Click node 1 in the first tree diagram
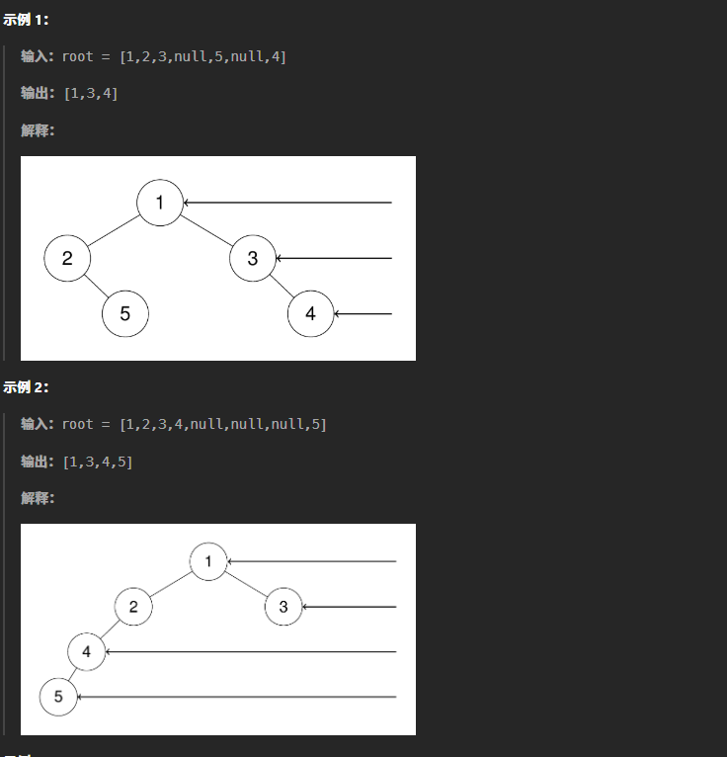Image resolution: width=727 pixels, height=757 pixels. click(x=160, y=203)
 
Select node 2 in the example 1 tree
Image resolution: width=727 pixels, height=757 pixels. click(x=67, y=259)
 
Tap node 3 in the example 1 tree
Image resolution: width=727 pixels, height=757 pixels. click(x=253, y=259)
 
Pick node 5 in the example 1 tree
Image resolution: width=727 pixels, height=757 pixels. click(x=124, y=314)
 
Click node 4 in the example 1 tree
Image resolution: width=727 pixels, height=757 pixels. click(x=310, y=314)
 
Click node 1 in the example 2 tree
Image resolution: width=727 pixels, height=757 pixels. click(x=208, y=561)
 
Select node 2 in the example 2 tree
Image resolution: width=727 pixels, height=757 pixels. click(x=133, y=607)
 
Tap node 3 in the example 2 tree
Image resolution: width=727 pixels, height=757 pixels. click(x=283, y=607)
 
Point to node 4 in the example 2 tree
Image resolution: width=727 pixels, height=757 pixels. click(x=87, y=652)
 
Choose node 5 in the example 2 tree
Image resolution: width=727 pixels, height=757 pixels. click(x=58, y=697)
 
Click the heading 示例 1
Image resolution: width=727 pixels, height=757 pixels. click(x=26, y=20)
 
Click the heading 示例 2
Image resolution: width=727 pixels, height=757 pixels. click(x=26, y=387)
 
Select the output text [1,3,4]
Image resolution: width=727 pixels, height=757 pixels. click(x=91, y=94)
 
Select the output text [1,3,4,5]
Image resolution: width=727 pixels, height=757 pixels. click(x=98, y=462)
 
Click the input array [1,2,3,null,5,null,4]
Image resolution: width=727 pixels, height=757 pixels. click(x=202, y=56)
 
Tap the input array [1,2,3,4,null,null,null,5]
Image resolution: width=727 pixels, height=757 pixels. click(x=222, y=424)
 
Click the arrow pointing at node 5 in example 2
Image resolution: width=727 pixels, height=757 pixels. click(x=237, y=697)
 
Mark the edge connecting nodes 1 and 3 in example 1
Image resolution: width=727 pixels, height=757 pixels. click(x=206, y=230)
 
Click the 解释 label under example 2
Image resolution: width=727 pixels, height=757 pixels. click(x=38, y=498)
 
